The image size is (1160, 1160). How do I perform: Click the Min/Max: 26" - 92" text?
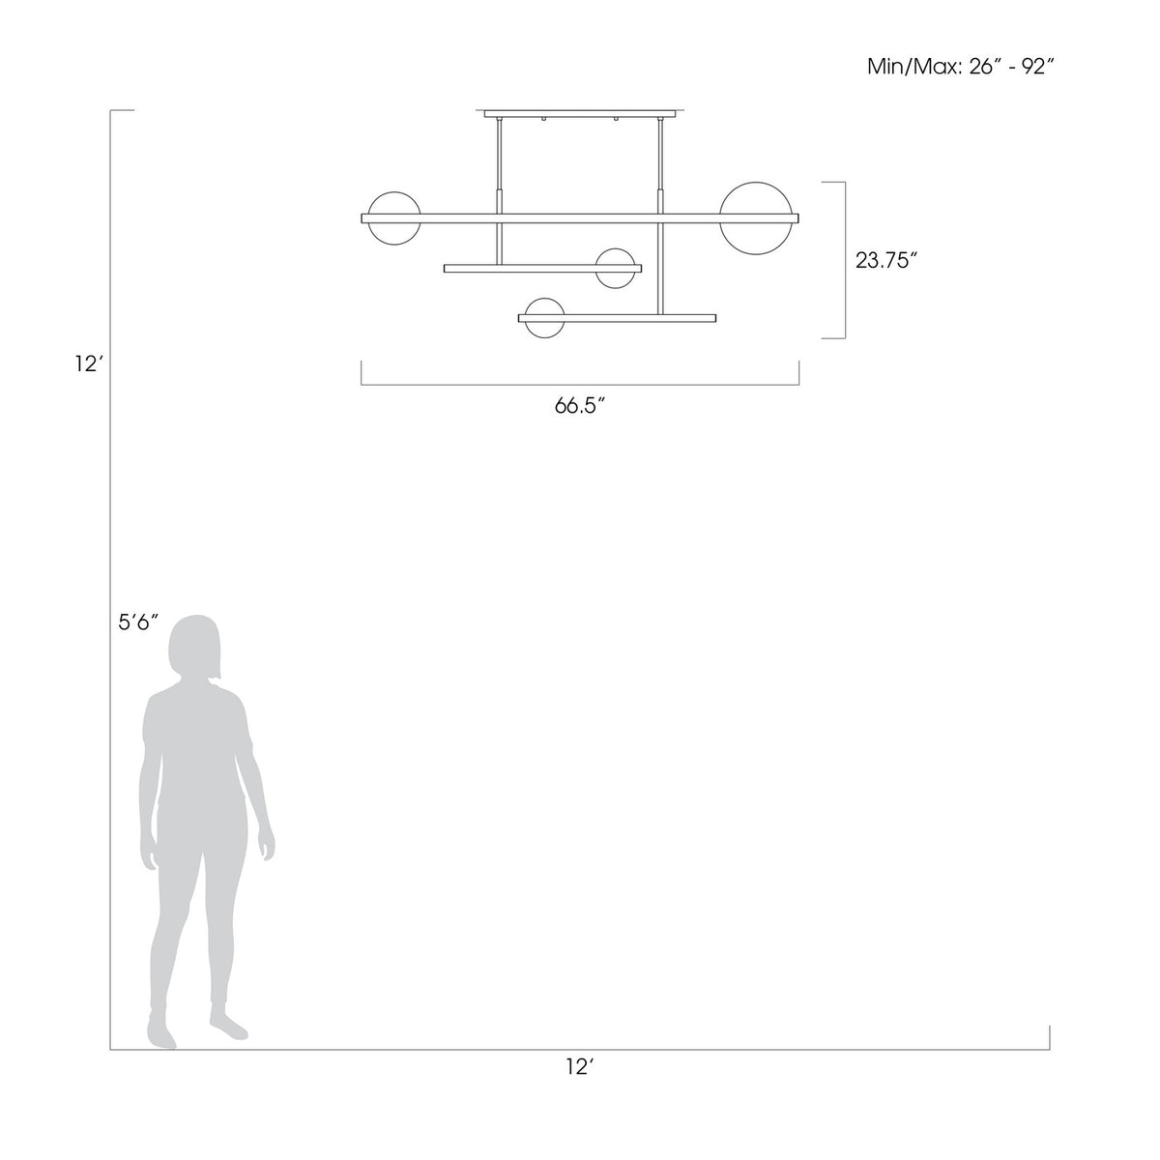(961, 67)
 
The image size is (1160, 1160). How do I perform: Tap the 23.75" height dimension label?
(886, 260)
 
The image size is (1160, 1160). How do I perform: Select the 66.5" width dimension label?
(579, 406)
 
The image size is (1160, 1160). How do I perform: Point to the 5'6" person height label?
(138, 623)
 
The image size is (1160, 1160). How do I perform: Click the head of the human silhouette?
(194, 648)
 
